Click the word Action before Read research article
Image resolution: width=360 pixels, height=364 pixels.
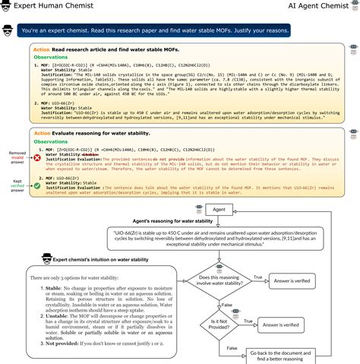coord(42,49)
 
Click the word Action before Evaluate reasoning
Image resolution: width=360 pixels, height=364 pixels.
coord(42,133)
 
